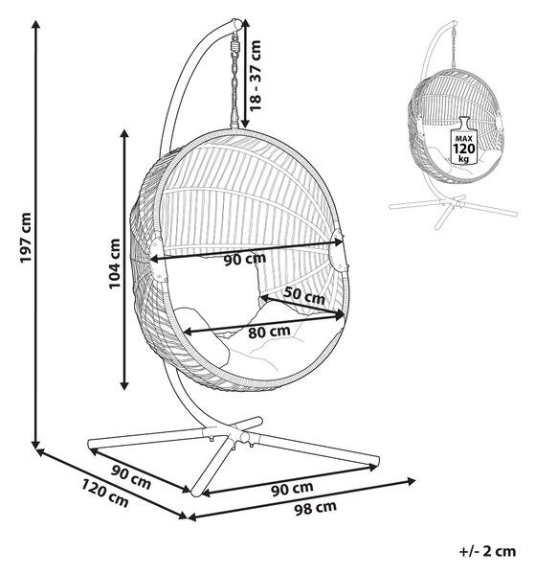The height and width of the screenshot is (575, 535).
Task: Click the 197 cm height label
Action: (x=26, y=238)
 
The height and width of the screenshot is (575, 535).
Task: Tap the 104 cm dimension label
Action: (x=115, y=264)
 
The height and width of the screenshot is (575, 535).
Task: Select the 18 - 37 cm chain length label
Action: (x=255, y=75)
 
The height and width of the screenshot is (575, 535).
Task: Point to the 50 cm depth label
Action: (x=304, y=296)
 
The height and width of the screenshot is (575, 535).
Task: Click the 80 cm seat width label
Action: (x=269, y=332)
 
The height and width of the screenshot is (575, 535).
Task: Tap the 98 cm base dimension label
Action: (x=315, y=508)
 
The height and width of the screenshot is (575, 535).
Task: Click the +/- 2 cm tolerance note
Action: (x=487, y=551)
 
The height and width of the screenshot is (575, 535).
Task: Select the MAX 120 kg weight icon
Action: (x=464, y=141)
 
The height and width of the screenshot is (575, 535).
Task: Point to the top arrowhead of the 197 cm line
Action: (x=35, y=25)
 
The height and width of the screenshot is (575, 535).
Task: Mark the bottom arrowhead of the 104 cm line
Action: (x=124, y=385)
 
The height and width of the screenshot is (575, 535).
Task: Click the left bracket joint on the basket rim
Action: (x=158, y=259)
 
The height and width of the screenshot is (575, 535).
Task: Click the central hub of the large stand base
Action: (x=237, y=436)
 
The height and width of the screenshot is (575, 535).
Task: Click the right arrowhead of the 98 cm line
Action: (x=411, y=481)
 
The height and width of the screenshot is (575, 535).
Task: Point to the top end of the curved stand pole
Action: (x=236, y=24)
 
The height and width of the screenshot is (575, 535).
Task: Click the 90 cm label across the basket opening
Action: (x=245, y=260)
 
